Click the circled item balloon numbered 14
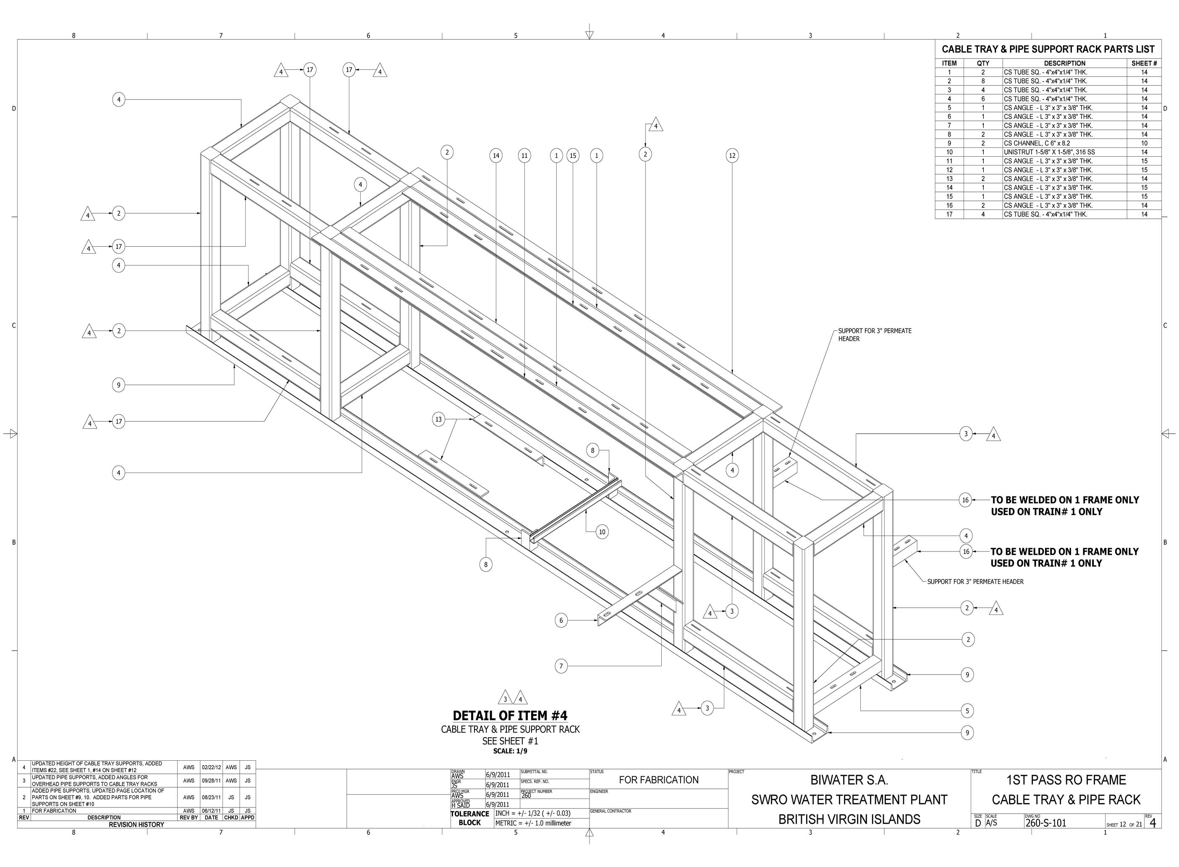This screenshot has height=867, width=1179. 495,155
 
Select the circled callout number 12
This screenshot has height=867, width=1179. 732,155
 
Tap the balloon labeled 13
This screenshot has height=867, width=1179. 438,419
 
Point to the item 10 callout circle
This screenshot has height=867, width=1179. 602,532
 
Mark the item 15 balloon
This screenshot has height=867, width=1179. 573,155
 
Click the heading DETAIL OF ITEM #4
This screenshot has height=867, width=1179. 510,715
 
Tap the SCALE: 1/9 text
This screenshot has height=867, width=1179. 510,751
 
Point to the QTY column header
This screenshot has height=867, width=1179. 983,63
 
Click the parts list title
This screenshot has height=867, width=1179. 1048,49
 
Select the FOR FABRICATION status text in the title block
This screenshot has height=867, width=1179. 659,780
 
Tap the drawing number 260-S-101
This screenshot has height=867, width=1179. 1046,823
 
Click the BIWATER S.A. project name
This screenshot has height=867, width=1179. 849,780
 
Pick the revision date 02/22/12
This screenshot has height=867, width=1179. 211,767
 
